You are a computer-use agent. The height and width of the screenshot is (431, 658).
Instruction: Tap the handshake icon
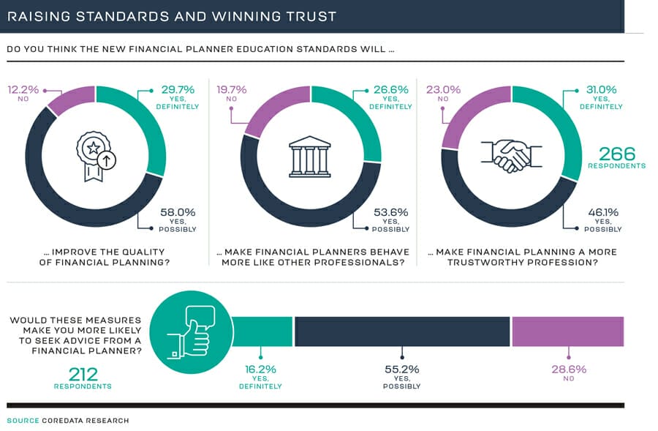click(x=511, y=156)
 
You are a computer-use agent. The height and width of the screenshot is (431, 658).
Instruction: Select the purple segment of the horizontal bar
click(x=567, y=331)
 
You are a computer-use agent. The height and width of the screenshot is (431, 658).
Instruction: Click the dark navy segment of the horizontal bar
click(x=401, y=331)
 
